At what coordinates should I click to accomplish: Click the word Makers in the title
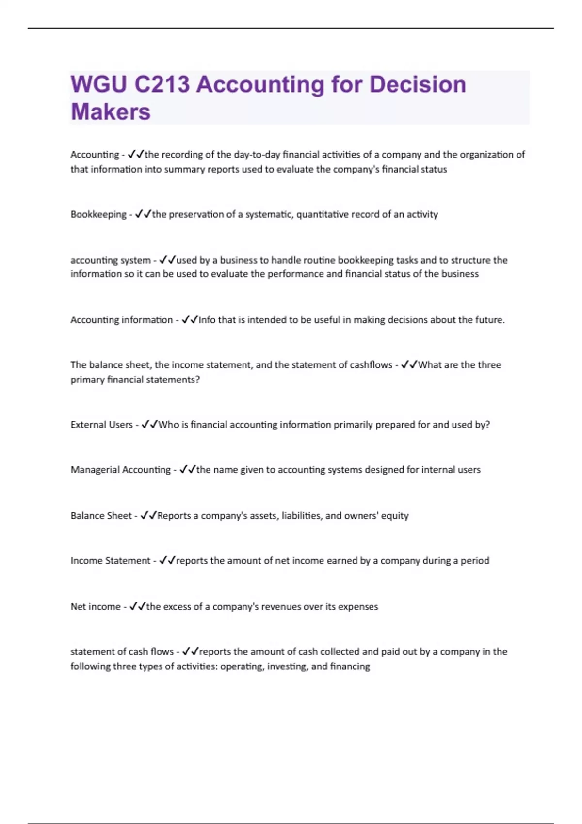click(111, 111)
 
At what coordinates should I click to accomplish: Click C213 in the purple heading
click(162, 84)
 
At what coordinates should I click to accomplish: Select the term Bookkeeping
click(98, 214)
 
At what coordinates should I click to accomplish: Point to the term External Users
click(101, 425)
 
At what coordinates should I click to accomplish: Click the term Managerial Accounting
click(120, 470)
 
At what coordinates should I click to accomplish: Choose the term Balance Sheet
click(101, 516)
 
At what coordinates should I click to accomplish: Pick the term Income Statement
click(111, 561)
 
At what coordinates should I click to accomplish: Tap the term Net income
click(96, 607)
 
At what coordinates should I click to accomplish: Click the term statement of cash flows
click(122, 652)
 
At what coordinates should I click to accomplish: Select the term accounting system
click(111, 260)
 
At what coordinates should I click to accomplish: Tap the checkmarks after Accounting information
click(190, 320)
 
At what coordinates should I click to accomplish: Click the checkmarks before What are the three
click(409, 365)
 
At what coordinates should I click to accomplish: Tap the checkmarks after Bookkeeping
click(143, 214)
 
